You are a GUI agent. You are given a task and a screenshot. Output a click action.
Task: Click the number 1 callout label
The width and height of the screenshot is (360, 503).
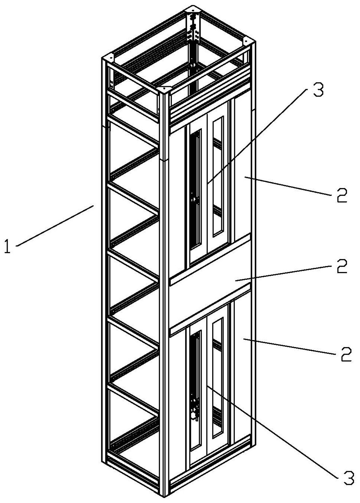[x=8, y=246]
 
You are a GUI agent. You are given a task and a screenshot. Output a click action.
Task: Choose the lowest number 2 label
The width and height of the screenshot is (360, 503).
[x=346, y=354]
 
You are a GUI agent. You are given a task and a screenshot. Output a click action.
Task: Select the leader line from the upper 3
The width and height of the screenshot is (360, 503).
[x=257, y=136]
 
